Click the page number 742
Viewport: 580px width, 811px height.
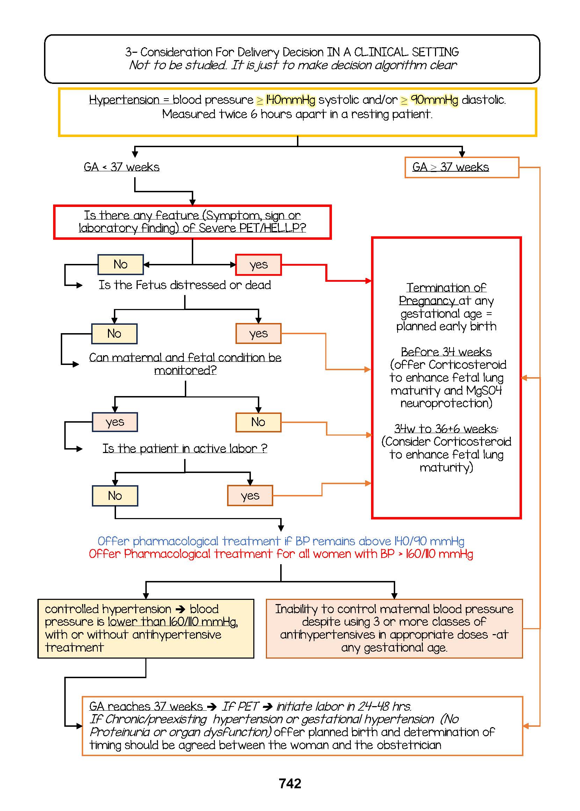[290, 783]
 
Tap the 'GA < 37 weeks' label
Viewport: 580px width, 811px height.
[122, 167]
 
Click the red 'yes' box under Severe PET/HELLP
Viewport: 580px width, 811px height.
[258, 265]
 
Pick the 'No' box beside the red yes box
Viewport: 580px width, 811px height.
[121, 264]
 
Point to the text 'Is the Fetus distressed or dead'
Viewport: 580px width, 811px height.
[184, 285]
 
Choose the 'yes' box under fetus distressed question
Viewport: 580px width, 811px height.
[258, 334]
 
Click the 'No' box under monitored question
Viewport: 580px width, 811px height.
[258, 422]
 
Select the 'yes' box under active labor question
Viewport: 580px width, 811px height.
[250, 496]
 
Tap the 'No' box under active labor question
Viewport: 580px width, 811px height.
[115, 496]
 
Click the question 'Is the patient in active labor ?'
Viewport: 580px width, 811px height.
[184, 448]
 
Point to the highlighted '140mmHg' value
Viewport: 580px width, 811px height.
[290, 100]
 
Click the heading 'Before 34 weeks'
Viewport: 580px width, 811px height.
[446, 352]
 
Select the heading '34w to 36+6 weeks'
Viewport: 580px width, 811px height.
[446, 428]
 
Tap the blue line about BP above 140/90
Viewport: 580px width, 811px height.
[281, 541]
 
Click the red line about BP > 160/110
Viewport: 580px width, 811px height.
[281, 554]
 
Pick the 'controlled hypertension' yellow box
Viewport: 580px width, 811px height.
[146, 629]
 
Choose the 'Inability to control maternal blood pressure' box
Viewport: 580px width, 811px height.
[394, 629]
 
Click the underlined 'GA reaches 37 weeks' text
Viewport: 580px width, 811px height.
[146, 706]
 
